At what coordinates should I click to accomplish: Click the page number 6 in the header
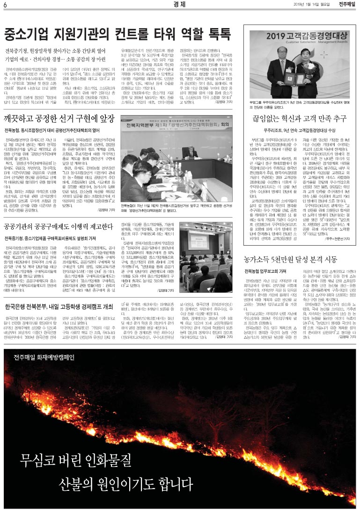pos(5,5)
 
